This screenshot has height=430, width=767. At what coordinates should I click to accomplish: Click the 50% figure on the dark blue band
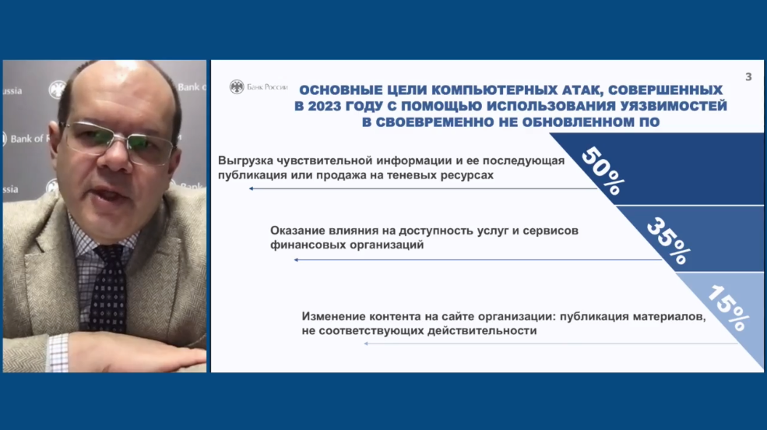603,171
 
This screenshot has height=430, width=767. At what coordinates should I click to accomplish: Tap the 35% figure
669,241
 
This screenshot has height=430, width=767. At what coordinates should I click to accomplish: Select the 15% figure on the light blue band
728,307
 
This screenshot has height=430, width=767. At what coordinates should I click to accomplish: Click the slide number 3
748,77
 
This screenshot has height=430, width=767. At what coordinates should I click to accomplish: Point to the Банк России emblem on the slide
237,86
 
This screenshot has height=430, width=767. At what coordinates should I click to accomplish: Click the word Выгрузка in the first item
245,160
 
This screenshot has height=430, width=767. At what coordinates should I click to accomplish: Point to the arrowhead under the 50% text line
251,189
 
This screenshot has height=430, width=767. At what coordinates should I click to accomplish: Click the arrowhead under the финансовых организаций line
296,259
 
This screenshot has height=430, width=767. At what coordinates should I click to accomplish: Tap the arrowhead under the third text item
366,344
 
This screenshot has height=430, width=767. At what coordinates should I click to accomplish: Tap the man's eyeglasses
119,143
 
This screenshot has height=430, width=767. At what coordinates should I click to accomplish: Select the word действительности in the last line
482,331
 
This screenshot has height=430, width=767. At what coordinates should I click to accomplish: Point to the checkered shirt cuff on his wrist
58,353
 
